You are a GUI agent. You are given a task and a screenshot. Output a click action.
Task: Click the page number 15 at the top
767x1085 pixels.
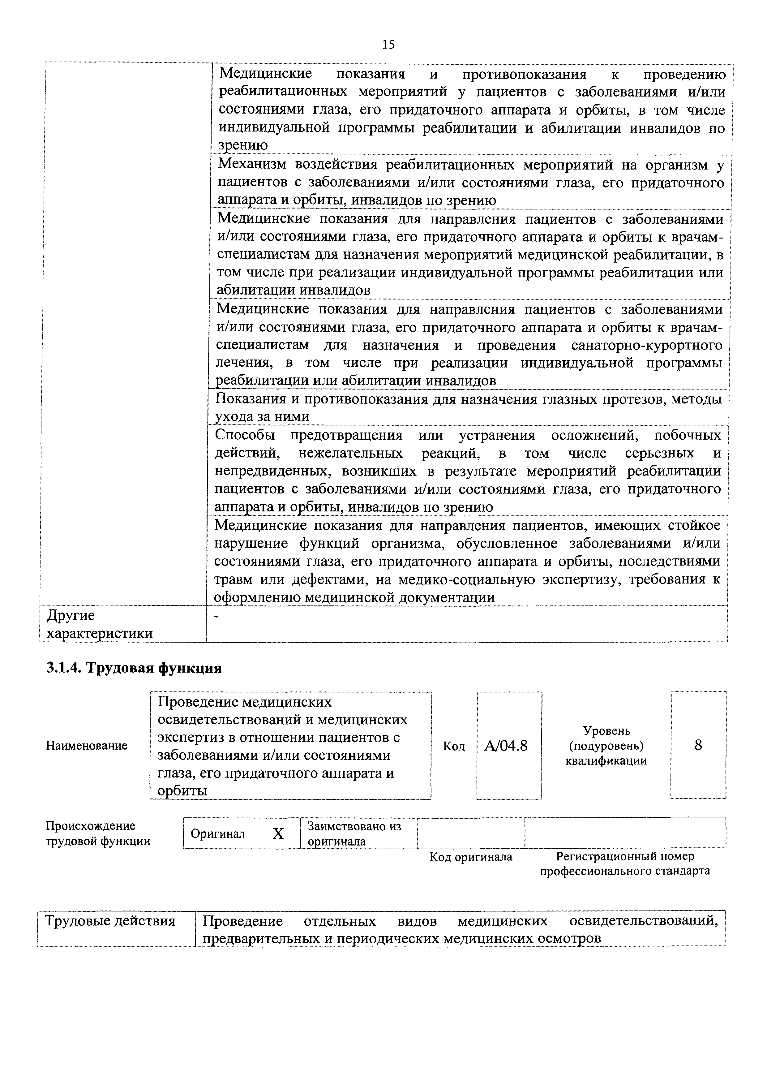[388, 45]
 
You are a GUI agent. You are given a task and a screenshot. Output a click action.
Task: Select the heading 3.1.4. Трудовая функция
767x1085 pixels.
[134, 668]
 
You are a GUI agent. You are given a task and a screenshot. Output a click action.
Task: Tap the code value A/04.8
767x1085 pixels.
[506, 746]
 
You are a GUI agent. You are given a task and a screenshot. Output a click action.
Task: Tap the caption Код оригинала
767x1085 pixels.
[471, 857]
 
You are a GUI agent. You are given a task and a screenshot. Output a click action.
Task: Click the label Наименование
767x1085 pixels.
[86, 746]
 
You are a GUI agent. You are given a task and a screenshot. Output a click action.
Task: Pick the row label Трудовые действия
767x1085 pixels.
[110, 921]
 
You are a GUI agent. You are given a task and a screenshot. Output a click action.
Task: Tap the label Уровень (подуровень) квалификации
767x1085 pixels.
[606, 746]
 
